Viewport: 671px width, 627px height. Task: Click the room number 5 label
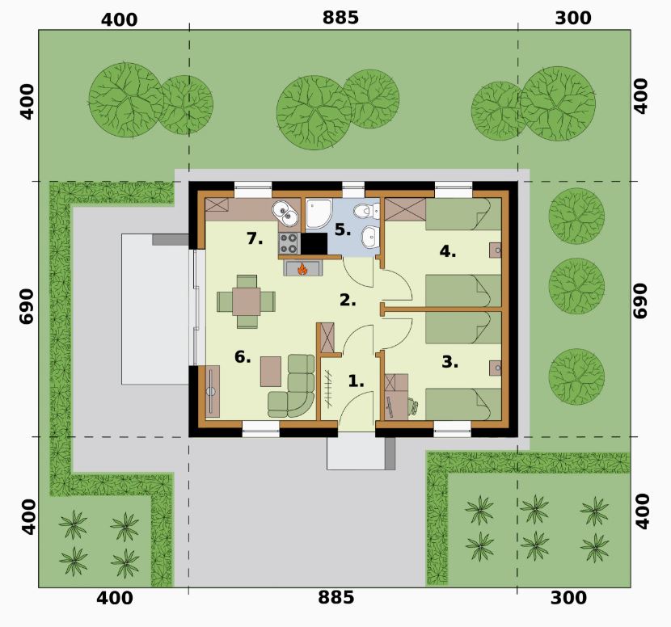pos(342,230)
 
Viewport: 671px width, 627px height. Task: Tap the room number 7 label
pos(255,238)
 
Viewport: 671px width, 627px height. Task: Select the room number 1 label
pos(356,381)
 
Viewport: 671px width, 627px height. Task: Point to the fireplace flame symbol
pos(302,269)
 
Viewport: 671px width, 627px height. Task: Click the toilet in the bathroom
pos(368,210)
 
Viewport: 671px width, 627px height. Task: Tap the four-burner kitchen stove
pos(289,243)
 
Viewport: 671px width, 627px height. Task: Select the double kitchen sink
pos(285,213)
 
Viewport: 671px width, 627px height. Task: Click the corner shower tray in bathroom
pos(318,213)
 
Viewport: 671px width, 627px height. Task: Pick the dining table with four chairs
pos(247,301)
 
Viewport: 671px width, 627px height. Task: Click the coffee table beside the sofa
pos(271,372)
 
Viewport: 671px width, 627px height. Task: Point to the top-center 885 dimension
pos(340,18)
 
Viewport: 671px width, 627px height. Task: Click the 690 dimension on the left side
pos(27,306)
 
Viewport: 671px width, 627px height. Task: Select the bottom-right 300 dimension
pos(568,597)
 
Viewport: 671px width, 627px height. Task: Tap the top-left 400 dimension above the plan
pos(120,20)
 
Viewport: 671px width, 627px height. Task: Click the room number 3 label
pos(450,362)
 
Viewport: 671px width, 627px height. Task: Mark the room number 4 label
pos(448,251)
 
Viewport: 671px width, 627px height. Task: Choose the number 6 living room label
pos(243,356)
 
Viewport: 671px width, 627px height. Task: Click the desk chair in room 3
pos(413,406)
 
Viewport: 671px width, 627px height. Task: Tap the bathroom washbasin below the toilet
pos(369,237)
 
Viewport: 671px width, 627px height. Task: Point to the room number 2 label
pos(348,301)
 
